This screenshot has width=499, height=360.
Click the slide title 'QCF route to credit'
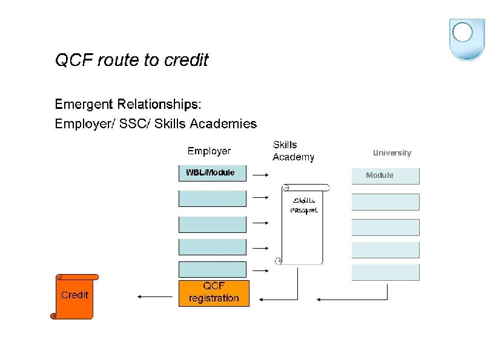coord(131,61)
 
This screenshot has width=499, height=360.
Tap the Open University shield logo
coord(467,38)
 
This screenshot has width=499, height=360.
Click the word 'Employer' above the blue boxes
coord(209,151)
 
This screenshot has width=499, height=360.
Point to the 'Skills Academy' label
coord(293,151)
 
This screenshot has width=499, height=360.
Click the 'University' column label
coord(392,153)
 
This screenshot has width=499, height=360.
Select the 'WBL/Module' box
coord(212,173)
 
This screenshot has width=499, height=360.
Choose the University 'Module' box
coord(385,175)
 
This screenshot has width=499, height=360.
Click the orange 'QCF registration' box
coord(214,293)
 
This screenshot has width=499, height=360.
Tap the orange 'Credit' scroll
coord(74,296)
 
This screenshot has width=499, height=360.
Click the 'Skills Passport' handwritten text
coord(303,205)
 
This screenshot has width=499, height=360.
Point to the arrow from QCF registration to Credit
coord(155,296)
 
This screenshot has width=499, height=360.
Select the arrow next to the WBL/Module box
coord(260,175)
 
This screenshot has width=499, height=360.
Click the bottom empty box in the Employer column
coord(212,270)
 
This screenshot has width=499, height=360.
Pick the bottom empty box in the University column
coord(385,272)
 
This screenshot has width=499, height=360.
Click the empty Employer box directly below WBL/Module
coord(212,198)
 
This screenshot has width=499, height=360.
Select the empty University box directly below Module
coord(385,202)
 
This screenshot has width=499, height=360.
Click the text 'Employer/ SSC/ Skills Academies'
coord(156,124)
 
